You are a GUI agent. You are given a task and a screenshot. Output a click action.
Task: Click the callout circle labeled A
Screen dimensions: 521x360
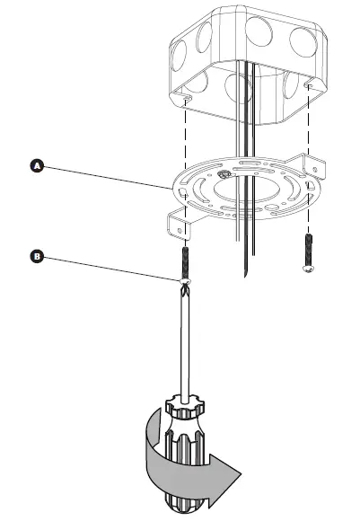click(36, 165)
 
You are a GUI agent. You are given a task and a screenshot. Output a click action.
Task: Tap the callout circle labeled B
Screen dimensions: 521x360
click(36, 256)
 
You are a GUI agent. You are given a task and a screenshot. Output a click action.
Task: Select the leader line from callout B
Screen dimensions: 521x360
click(108, 269)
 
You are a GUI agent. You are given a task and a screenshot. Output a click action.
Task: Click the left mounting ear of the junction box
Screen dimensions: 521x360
click(185, 91)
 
